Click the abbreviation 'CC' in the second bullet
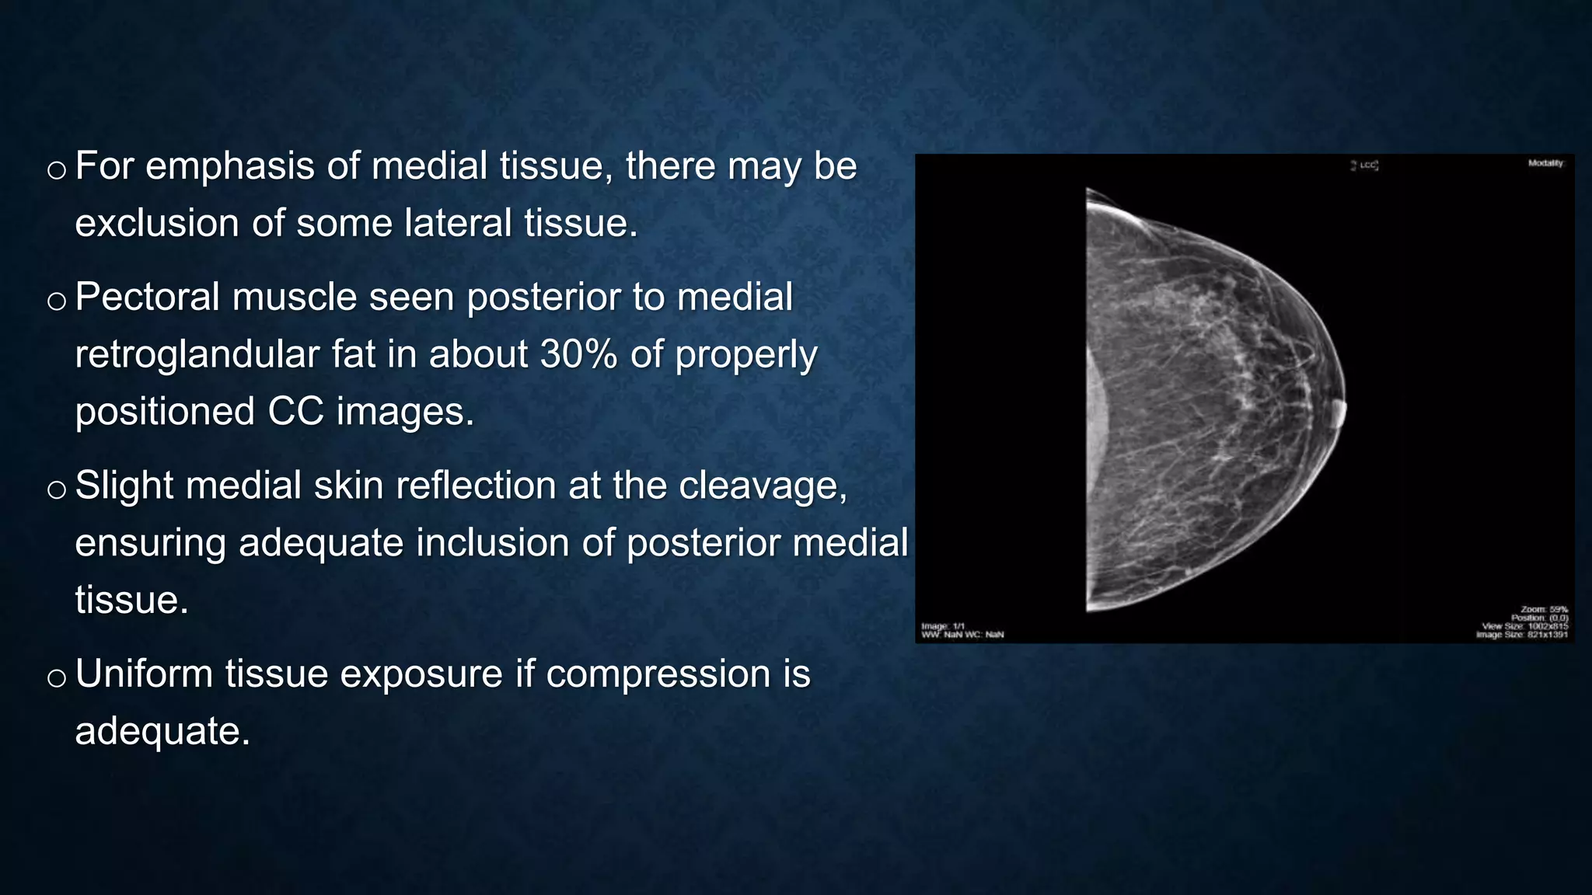pos(295,412)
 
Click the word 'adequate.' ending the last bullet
pos(162,731)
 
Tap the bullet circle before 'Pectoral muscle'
pos(56,301)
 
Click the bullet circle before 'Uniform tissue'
pos(56,677)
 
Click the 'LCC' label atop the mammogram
pos(1365,165)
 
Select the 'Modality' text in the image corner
pos(1545,163)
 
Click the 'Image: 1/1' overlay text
pos(943,626)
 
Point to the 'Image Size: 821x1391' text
pos(1522,635)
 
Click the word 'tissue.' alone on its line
pos(131,601)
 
